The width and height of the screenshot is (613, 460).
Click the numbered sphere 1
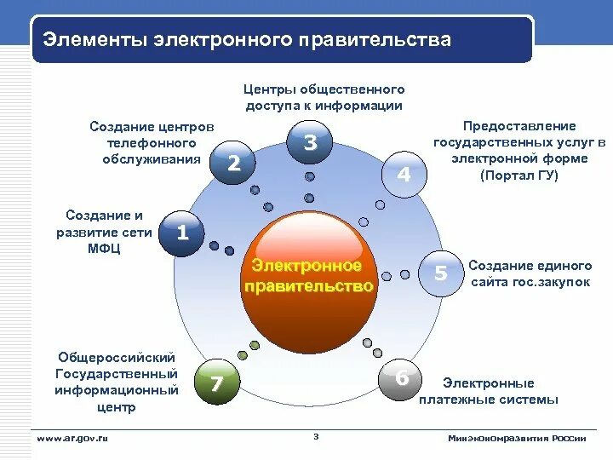tap(180, 232)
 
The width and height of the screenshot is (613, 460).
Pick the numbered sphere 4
tap(404, 175)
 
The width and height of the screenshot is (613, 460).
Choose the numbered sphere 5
tap(441, 273)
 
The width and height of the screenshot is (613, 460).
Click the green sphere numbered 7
tap(216, 383)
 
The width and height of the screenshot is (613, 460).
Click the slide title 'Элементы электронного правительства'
tap(247, 40)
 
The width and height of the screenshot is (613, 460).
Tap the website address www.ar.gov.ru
tap(72, 438)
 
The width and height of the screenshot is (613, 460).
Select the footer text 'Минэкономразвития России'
tap(517, 438)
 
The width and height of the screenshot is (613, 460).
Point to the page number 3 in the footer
tap(315, 437)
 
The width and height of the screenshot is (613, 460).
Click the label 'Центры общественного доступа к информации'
tap(324, 97)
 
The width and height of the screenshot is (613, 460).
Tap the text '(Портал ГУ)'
tap(519, 175)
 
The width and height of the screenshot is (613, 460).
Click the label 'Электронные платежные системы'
tap(489, 391)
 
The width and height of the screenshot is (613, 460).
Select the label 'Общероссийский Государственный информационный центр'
tap(117, 382)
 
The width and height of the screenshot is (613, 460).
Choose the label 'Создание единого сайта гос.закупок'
tap(530, 273)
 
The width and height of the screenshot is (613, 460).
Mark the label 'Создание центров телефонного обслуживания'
tap(152, 142)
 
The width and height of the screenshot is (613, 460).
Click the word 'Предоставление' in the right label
tap(519, 125)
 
